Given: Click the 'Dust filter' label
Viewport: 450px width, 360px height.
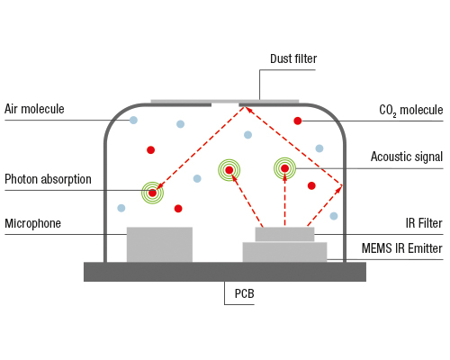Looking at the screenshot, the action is click(293, 58).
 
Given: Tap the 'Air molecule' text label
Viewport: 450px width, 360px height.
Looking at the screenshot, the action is click(34, 109).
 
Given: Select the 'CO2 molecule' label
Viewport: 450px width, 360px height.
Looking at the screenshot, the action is click(411, 110).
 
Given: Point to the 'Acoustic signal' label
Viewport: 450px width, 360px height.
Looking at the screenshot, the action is click(407, 157).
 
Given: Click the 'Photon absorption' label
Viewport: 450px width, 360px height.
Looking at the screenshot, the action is click(48, 179).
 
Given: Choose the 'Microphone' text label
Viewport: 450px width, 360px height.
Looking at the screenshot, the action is click(32, 223).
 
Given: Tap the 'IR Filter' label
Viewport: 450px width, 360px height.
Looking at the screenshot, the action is click(424, 223).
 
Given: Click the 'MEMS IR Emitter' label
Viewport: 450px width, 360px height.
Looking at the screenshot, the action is click(402, 248).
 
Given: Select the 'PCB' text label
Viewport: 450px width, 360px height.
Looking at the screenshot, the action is click(244, 293).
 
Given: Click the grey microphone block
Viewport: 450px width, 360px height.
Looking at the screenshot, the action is click(159, 245).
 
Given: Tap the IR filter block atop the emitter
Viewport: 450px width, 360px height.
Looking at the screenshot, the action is click(284, 234).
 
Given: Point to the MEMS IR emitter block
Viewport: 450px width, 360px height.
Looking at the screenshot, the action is click(284, 252).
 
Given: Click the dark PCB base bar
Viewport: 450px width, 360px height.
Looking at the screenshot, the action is click(225, 272).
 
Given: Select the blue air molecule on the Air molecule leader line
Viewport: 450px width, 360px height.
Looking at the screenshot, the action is click(133, 121).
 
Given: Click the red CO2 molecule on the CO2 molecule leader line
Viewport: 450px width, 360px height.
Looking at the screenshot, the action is click(298, 121).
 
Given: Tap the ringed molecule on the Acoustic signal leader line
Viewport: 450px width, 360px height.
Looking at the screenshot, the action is click(284, 168).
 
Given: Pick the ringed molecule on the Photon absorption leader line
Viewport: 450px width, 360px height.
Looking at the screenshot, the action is click(152, 193).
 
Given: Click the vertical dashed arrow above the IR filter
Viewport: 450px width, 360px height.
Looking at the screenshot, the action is click(284, 200).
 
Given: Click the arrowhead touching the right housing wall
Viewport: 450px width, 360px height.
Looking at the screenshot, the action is click(339, 188).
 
